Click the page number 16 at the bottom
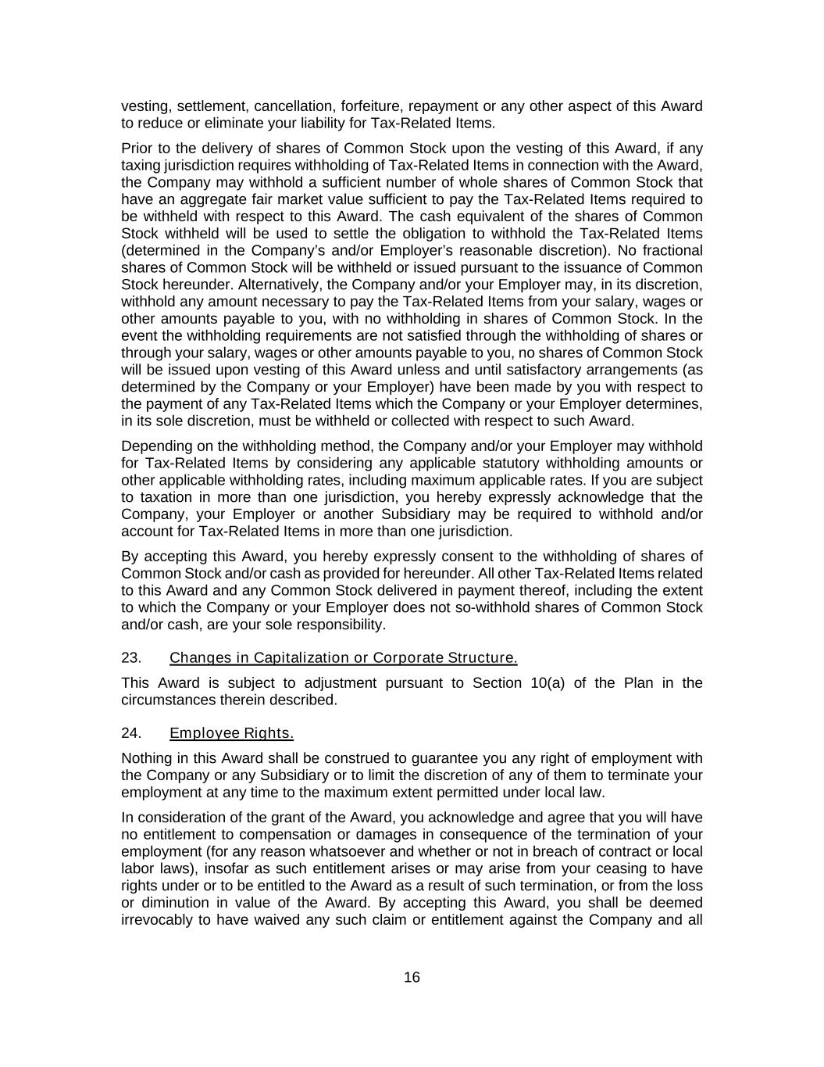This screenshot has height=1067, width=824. coord(412,977)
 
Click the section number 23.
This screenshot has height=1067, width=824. coord(131,658)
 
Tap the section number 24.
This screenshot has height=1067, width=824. coord(131,733)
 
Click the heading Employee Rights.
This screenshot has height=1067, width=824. coord(231,733)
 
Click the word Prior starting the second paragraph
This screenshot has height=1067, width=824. coord(137,149)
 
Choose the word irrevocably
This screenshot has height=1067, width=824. coord(159,919)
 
